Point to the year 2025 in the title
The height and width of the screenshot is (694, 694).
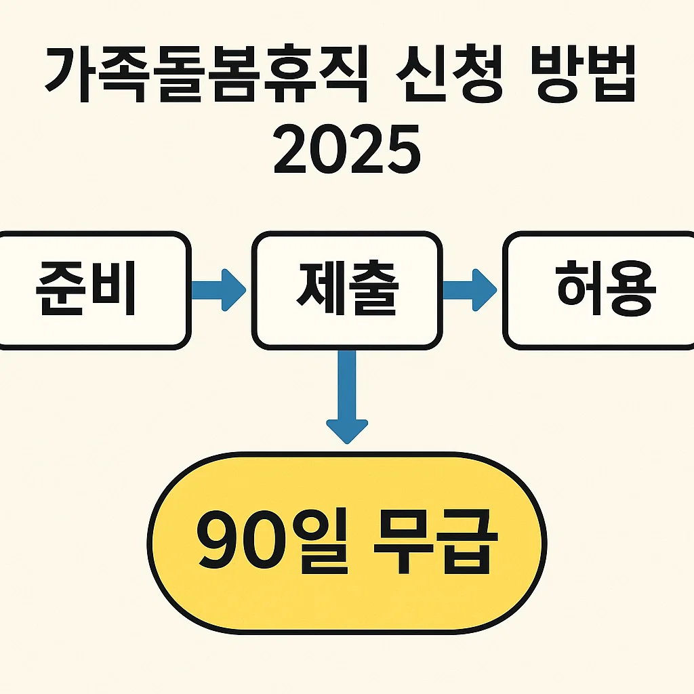[346, 152]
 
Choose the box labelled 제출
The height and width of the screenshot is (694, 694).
[347, 289]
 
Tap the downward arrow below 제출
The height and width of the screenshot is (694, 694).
[347, 400]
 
